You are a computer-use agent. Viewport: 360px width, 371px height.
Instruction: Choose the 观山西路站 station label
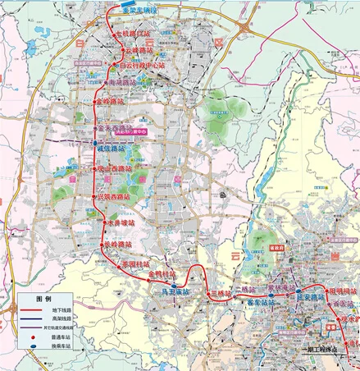(x=115, y=169)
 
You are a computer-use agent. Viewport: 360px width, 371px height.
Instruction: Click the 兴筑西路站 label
(x=112, y=197)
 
